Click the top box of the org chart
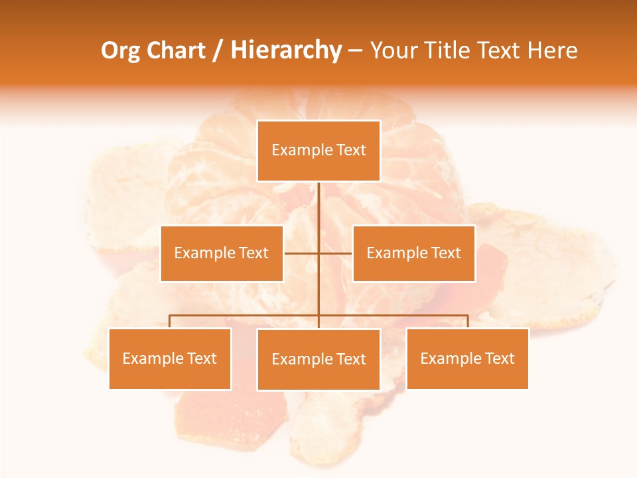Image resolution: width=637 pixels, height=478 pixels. coord(318,151)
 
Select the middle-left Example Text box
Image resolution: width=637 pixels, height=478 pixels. coord(222,253)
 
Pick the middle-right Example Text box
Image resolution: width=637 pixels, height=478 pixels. coord(413,253)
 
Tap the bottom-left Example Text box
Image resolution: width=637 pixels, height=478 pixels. coord(170,358)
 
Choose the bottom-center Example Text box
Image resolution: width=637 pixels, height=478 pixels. coord(318,359)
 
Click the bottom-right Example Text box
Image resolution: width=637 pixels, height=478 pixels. coord(467,358)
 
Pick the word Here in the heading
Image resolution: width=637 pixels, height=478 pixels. coord(552,50)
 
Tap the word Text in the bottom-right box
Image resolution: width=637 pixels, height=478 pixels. coord(500,358)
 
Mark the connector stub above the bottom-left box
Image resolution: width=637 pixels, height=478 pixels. coord(170,321)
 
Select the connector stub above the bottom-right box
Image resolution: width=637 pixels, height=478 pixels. coord(468,321)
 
